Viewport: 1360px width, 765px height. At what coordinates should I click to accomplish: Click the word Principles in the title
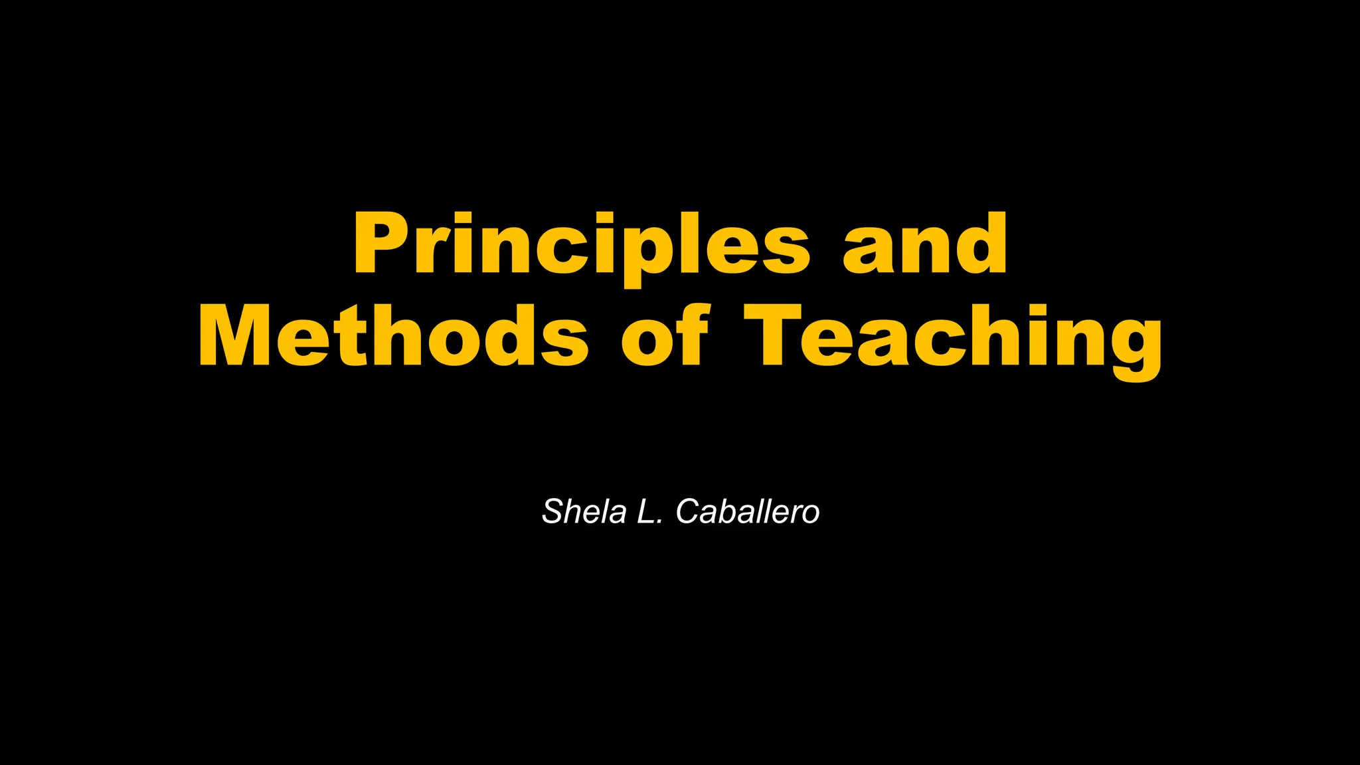tap(582, 244)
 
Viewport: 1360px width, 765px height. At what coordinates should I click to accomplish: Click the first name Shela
tap(584, 512)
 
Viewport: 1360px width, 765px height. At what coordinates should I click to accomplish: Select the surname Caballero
tap(748, 512)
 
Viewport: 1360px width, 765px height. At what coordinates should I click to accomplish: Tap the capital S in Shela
tap(553, 512)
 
